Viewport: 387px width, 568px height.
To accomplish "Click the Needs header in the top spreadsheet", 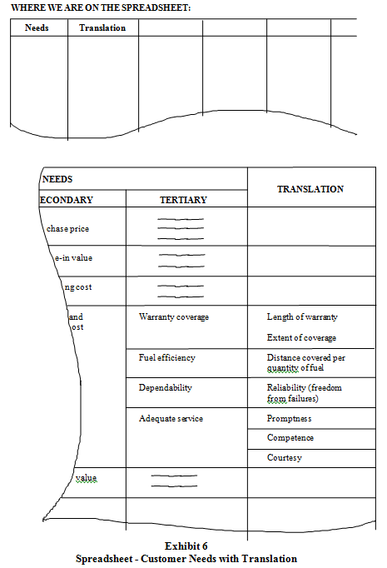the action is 37,27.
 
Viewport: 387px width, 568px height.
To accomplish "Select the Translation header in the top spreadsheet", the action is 102,27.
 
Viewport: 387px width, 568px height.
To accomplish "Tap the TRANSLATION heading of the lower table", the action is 310,189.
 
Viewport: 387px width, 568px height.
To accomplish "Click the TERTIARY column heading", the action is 183,200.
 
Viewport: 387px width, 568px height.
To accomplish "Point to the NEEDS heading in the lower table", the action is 57,179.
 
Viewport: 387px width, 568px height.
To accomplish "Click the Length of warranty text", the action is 302,317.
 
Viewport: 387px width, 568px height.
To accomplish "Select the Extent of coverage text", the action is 301,337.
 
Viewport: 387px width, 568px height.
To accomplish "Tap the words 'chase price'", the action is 67,228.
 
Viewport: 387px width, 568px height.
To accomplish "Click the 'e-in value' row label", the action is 73,257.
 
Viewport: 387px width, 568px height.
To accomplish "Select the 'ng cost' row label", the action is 78,286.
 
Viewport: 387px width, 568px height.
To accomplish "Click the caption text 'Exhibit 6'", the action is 186,546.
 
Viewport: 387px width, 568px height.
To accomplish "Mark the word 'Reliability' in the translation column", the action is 286,387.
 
